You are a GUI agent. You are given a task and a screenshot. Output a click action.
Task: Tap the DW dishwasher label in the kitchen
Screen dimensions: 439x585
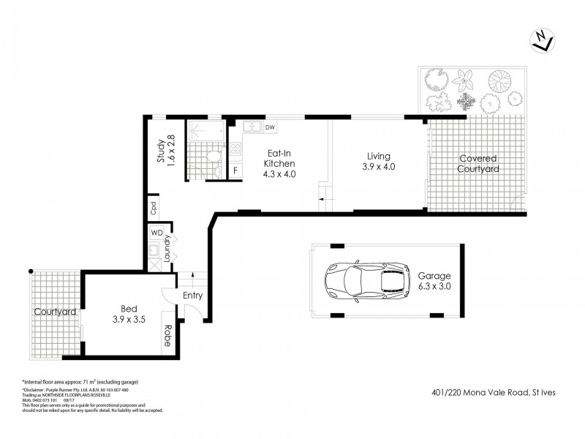[x=270, y=128]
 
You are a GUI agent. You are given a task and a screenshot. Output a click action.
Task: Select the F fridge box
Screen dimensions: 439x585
[x=235, y=171]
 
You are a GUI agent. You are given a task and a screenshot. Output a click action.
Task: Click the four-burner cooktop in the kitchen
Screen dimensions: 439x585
[x=236, y=149]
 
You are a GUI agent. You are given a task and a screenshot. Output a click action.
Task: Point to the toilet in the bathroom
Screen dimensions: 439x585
[x=212, y=155]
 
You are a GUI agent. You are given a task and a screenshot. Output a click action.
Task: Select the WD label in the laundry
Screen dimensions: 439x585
[x=156, y=233]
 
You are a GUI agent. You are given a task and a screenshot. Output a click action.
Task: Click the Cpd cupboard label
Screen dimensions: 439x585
[x=154, y=206]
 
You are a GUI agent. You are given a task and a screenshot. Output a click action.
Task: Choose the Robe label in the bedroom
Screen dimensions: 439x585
[x=167, y=335]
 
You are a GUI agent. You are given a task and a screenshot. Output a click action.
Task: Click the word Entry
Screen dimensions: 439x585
[x=193, y=296]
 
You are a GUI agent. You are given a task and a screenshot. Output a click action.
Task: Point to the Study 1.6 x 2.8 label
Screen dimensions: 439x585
[x=165, y=150]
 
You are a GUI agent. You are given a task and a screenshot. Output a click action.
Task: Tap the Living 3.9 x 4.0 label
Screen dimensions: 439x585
[x=379, y=161]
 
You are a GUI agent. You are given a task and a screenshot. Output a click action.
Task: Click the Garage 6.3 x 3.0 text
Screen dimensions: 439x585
[x=434, y=281]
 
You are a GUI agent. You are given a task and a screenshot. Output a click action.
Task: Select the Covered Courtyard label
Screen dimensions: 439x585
[x=478, y=163]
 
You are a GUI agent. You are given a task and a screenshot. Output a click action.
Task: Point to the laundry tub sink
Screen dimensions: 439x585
[x=155, y=249]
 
